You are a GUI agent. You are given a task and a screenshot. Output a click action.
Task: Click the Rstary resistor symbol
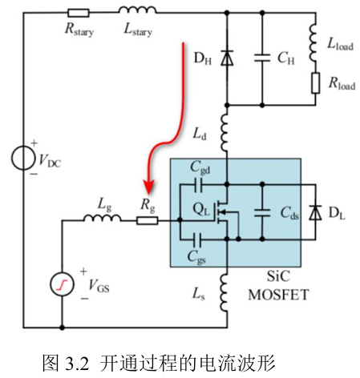pyautogui.click(x=79, y=13)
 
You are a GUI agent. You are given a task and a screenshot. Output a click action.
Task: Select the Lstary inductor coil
pyautogui.click(x=137, y=10)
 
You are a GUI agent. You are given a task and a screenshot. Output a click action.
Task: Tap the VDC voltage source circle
pyautogui.click(x=23, y=158)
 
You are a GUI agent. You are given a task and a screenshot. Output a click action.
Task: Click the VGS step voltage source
pyautogui.click(x=62, y=284)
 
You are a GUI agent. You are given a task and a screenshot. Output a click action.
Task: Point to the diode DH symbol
pyautogui.click(x=227, y=58)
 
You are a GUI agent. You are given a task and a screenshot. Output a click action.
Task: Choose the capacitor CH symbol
pyautogui.click(x=262, y=58)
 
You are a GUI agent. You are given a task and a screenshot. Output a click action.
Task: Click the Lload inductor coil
pyautogui.click(x=313, y=43)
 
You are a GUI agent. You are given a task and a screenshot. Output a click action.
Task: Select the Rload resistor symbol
pyautogui.click(x=316, y=82)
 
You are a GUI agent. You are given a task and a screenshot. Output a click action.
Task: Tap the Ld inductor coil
pyautogui.click(x=224, y=132)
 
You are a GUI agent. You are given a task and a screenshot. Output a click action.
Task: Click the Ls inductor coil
pyautogui.click(x=224, y=292)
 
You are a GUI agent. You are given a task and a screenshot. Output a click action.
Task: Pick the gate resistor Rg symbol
pyautogui.click(x=147, y=220)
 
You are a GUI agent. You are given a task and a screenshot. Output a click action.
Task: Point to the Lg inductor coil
pyautogui.click(x=103, y=218)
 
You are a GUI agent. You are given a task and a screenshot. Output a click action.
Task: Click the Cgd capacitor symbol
pyautogui.click(x=198, y=184)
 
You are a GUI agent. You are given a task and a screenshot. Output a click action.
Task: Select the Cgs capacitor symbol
pyautogui.click(x=198, y=239)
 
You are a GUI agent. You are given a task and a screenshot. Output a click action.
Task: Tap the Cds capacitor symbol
pyautogui.click(x=262, y=213)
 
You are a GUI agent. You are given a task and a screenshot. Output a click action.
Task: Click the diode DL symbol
pyautogui.click(x=315, y=213)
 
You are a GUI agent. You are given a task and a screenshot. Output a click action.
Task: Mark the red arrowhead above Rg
pyautogui.click(x=148, y=187)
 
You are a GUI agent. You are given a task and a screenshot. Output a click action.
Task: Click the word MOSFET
pyautogui.click(x=278, y=295)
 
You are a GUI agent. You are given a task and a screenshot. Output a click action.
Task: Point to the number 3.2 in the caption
pyautogui.click(x=76, y=364)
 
